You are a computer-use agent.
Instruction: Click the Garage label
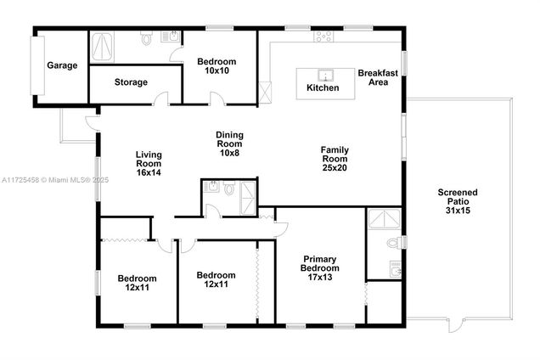[62, 65]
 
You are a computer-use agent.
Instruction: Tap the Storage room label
[131, 82]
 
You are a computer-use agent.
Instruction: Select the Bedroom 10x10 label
[217, 66]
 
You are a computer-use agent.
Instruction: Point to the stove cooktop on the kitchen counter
[323, 36]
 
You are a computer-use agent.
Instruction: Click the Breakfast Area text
[378, 77]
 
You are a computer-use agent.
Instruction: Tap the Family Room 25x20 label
[335, 159]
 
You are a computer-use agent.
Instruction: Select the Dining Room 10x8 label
[229, 143]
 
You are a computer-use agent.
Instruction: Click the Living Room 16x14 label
[149, 164]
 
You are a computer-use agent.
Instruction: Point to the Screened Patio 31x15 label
[458, 201]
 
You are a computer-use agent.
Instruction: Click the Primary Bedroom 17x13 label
[319, 268]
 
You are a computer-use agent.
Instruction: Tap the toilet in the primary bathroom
[395, 243]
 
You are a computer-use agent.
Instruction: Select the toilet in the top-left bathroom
[147, 38]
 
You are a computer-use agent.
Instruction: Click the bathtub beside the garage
[102, 48]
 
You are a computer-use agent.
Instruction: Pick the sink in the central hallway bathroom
[212, 187]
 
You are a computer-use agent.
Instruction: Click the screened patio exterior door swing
[457, 325]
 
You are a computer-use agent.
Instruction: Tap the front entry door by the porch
[92, 123]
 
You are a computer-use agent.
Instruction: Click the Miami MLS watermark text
[54, 180]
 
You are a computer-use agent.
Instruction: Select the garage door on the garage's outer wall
[37, 65]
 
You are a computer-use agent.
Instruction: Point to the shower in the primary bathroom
[385, 218]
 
